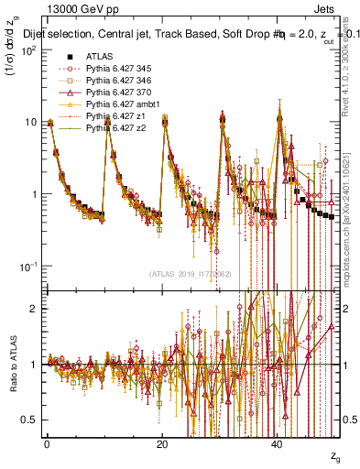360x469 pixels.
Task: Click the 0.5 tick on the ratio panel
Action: click(x=34, y=420)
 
